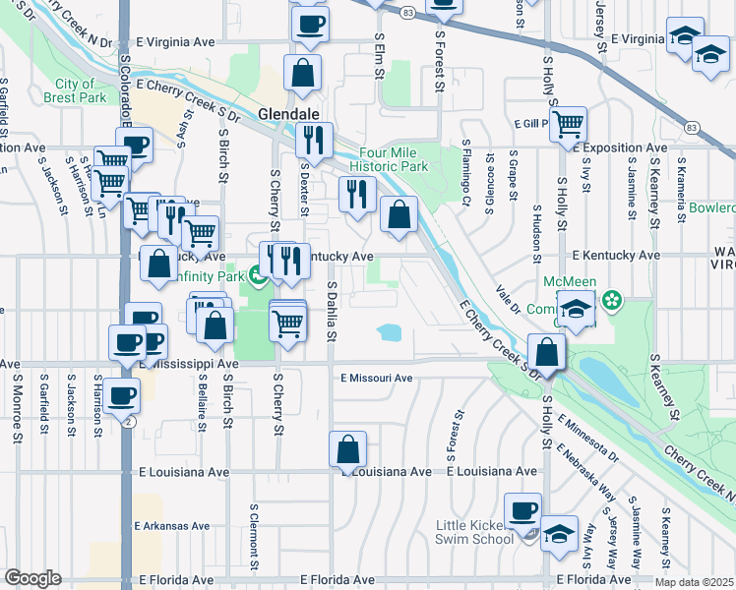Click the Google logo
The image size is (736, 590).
pos(32,578)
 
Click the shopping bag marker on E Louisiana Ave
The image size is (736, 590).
pos(348,450)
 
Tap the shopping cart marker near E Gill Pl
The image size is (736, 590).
pos(568,125)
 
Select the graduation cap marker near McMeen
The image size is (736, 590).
pos(576,308)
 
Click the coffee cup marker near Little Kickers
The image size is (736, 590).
pos(522,510)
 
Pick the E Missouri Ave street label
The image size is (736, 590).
pos(377,378)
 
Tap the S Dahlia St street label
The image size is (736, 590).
pos(333,312)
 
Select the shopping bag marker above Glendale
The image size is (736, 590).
pos(303,73)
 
